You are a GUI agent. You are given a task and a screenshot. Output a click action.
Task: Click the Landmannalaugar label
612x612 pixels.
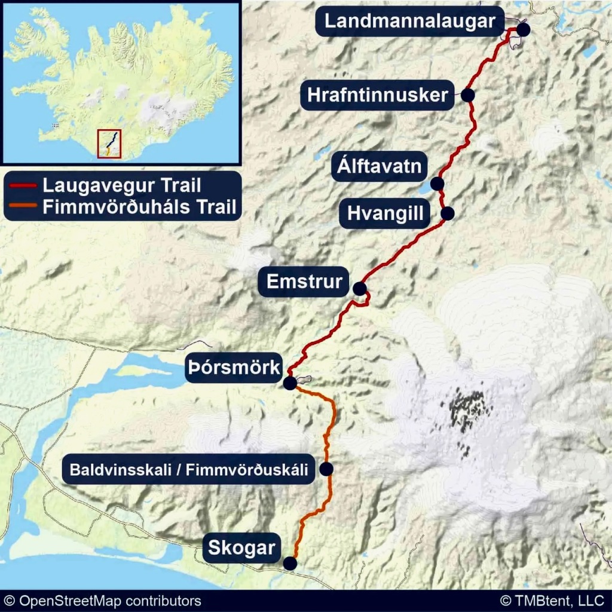[410, 22]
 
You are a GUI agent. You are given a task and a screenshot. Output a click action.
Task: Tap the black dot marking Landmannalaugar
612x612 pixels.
[524, 29]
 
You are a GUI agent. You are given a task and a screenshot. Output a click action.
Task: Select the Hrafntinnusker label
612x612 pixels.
[378, 95]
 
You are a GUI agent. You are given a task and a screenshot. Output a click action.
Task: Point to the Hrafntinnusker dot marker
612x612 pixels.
[467, 95]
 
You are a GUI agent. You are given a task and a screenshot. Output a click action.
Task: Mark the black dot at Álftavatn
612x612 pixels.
[437, 183]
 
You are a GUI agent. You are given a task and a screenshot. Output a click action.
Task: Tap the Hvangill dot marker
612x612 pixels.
[448, 213]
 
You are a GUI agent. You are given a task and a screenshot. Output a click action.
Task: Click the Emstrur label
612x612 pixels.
[304, 281]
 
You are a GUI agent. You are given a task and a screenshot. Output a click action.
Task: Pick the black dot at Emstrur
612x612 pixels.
[359, 289]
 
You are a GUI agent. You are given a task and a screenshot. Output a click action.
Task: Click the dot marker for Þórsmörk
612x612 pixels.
[290, 383]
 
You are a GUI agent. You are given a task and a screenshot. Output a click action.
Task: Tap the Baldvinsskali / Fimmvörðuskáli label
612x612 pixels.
[189, 470]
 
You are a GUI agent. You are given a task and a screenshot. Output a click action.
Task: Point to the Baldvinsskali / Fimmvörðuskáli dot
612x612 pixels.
[326, 469]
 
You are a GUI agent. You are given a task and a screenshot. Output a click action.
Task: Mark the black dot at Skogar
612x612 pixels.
[290, 563]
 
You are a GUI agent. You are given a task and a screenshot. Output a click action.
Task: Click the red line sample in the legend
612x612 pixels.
[23, 185]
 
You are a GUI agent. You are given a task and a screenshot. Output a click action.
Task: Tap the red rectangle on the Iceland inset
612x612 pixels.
[109, 143]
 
